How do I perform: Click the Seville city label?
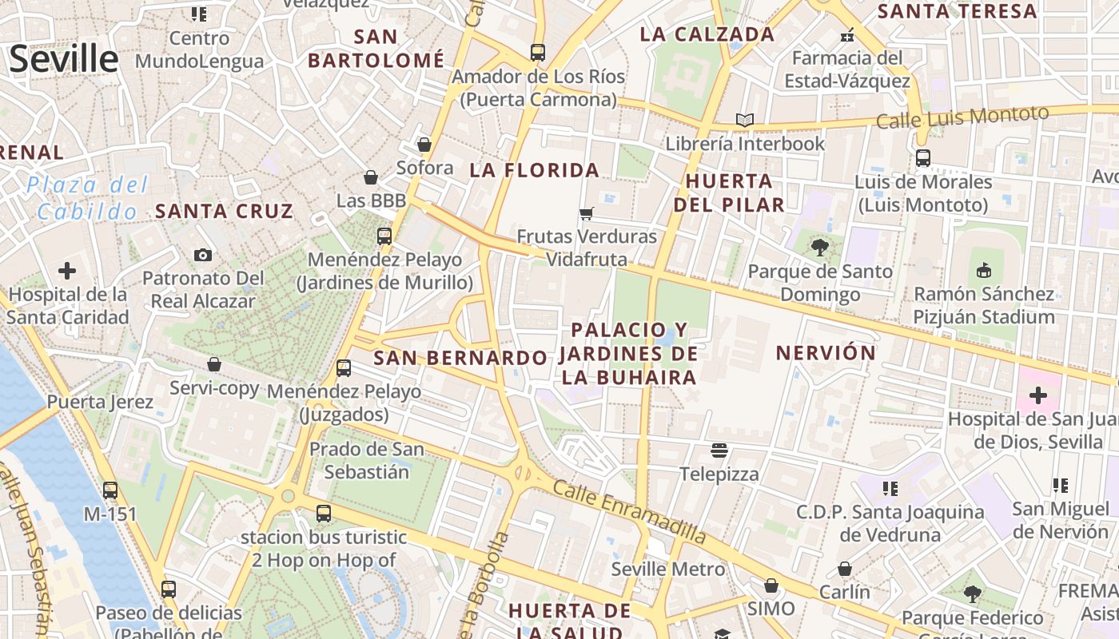click(64, 60)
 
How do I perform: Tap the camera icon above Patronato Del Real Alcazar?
click(203, 255)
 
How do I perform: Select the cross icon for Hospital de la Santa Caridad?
click(67, 271)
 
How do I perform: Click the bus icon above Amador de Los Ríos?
click(538, 53)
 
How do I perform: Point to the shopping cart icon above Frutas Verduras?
click(587, 213)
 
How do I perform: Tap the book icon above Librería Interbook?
click(745, 120)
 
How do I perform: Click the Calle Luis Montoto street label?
click(962, 117)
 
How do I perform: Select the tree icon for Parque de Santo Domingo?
click(819, 247)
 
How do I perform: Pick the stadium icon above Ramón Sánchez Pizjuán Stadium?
click(984, 270)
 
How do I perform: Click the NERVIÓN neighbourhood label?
click(826, 352)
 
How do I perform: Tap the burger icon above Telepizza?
click(719, 450)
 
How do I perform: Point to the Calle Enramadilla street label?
click(630, 513)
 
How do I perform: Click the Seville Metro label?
click(668, 570)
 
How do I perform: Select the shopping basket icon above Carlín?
click(845, 569)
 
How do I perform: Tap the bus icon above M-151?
click(110, 490)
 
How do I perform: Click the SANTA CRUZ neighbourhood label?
click(225, 211)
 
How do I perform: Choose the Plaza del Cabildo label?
click(87, 198)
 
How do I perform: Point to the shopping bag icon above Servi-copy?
click(214, 364)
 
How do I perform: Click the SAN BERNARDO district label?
click(460, 358)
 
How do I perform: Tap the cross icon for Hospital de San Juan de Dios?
click(1037, 395)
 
